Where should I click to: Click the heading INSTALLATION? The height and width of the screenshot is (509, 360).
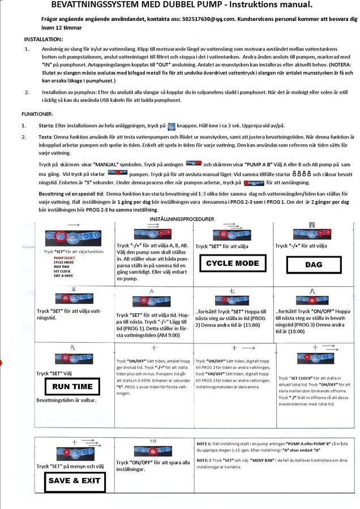pyautogui.click(x=44, y=39)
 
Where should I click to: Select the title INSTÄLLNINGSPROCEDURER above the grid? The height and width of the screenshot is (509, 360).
pyautogui.click(x=182, y=218)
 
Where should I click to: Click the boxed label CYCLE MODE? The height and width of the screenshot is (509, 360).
pyautogui.click(x=232, y=263)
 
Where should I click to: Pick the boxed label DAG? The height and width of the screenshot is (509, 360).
pyautogui.click(x=313, y=265)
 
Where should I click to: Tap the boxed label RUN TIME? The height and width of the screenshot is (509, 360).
pyautogui.click(x=72, y=387)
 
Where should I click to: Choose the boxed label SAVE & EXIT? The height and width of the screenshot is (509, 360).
pyautogui.click(x=74, y=480)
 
